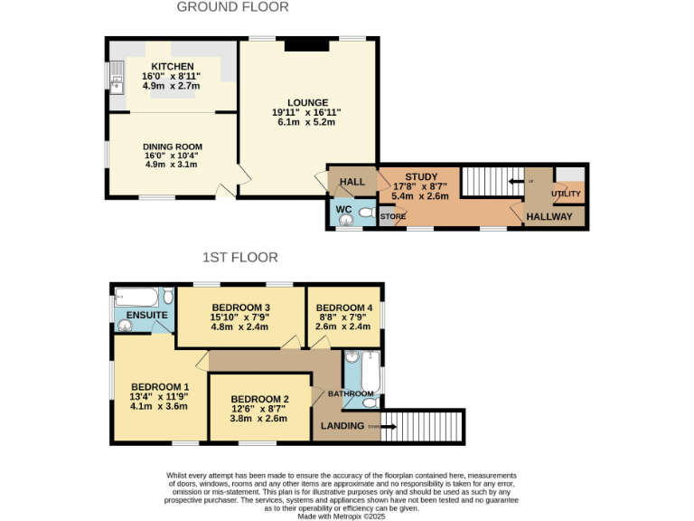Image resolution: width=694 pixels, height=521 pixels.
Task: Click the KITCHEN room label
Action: (x=171, y=67)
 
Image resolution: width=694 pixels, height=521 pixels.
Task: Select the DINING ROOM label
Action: (x=172, y=147)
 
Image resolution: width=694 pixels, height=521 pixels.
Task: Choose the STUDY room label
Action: (x=421, y=177)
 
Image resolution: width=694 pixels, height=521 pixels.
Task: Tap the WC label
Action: (x=344, y=210)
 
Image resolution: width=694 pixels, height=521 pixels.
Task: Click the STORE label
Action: (x=392, y=216)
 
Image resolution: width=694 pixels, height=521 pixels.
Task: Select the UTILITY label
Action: (x=566, y=194)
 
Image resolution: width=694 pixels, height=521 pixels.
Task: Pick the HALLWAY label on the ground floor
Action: (x=550, y=217)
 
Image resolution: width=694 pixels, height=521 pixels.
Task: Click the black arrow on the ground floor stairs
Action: (x=517, y=181)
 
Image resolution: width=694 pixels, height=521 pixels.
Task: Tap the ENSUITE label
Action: (x=146, y=315)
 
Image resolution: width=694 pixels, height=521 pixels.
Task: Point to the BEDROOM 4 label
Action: (x=345, y=308)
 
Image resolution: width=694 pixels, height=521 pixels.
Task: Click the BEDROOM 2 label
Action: (x=259, y=400)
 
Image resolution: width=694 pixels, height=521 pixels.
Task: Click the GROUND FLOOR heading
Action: (x=232, y=7)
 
